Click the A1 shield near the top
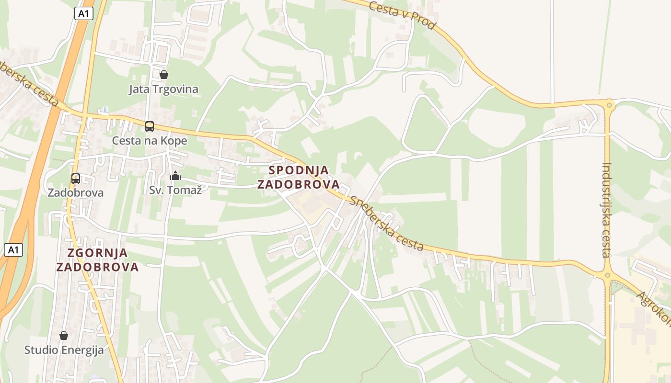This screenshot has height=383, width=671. pyautogui.click(x=84, y=14)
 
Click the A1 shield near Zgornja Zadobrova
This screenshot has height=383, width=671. pyautogui.click(x=13, y=249)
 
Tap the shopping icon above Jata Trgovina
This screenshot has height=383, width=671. pyautogui.click(x=164, y=75)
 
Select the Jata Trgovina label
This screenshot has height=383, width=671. pyautogui.click(x=163, y=90)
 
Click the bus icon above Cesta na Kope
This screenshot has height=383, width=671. pyautogui.click(x=150, y=126)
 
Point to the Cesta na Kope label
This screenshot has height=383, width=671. pyautogui.click(x=150, y=141)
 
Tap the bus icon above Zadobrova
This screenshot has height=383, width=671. pyautogui.click(x=76, y=179)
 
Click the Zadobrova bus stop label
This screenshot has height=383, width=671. pyautogui.click(x=76, y=193)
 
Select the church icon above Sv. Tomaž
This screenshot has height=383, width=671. pyautogui.click(x=175, y=176)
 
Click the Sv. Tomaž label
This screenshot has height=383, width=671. pyautogui.click(x=175, y=190)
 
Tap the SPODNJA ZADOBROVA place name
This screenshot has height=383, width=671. pyautogui.click(x=299, y=177)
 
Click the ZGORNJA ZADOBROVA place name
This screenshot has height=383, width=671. pyautogui.click(x=97, y=260)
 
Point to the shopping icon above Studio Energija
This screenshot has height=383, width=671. pyautogui.click(x=64, y=336)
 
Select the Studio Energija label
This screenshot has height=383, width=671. pyautogui.click(x=64, y=350)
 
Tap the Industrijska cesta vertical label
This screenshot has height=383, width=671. pyautogui.click(x=607, y=210)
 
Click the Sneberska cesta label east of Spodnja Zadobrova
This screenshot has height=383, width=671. pyautogui.click(x=387, y=223)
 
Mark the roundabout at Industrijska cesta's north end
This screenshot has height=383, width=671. pyautogui.click(x=609, y=104)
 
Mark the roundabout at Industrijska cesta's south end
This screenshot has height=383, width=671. pyautogui.click(x=607, y=275)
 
